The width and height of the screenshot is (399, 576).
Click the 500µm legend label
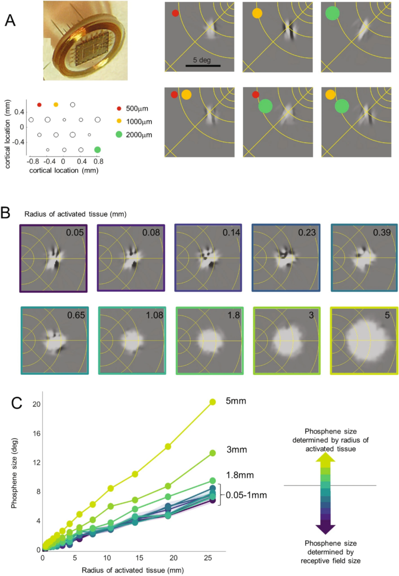(x=137, y=108)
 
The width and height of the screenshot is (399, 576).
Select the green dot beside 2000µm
(x=119, y=135)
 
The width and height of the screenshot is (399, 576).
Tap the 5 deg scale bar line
(x=203, y=66)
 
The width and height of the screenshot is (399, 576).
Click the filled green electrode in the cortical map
(x=97, y=150)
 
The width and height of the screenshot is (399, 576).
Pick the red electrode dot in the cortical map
(x=39, y=105)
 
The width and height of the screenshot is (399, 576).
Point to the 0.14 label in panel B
(x=231, y=232)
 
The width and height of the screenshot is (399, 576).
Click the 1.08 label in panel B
(x=154, y=315)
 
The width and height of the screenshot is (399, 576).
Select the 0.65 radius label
(x=76, y=315)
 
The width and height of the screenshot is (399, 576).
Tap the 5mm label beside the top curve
(x=236, y=401)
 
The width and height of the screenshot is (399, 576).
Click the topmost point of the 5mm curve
(x=213, y=402)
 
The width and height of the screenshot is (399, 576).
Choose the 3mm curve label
(x=237, y=449)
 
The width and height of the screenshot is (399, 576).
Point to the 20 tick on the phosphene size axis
(x=37, y=404)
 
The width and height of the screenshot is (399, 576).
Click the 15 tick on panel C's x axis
(x=139, y=558)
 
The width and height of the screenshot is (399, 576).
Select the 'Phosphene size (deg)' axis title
(x=14, y=473)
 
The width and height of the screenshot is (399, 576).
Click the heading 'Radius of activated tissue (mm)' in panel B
(x=75, y=214)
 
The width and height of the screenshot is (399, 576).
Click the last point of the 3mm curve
(x=213, y=453)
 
